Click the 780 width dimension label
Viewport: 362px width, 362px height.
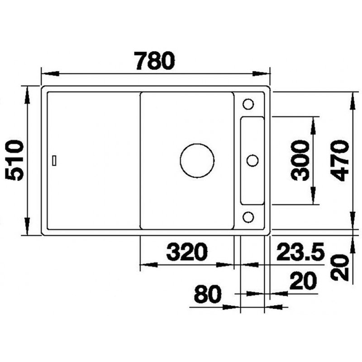point(154,61)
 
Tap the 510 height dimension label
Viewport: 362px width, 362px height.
point(14,160)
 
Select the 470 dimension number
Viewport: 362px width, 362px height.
point(339,161)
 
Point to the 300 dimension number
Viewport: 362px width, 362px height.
point(300,161)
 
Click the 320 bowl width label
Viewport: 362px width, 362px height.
point(187,252)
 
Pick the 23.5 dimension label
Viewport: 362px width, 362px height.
point(300,252)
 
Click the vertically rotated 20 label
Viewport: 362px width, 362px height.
point(340,267)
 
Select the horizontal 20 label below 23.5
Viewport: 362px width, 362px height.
point(303,281)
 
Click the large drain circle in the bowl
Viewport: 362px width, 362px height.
point(197,161)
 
